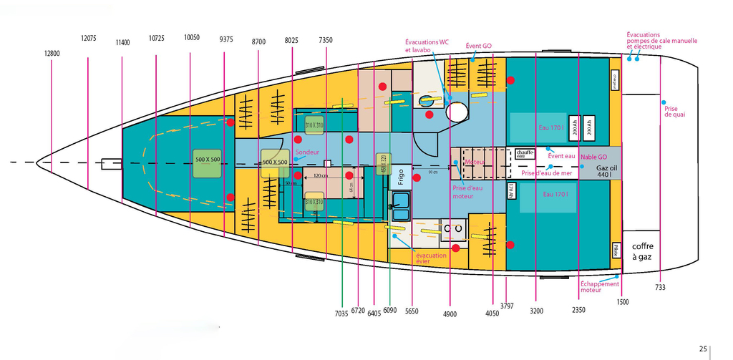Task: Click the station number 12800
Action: (x=52, y=53)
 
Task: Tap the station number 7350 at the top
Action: (x=326, y=40)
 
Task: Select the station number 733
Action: (x=659, y=288)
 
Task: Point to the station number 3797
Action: (x=507, y=306)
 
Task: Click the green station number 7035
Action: (x=341, y=313)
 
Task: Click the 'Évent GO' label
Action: (x=479, y=46)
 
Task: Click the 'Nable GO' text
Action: (x=593, y=157)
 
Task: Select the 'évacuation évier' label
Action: (x=431, y=259)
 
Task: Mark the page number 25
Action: (x=704, y=349)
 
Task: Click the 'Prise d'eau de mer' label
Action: (x=547, y=173)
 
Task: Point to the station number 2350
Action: (x=579, y=310)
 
